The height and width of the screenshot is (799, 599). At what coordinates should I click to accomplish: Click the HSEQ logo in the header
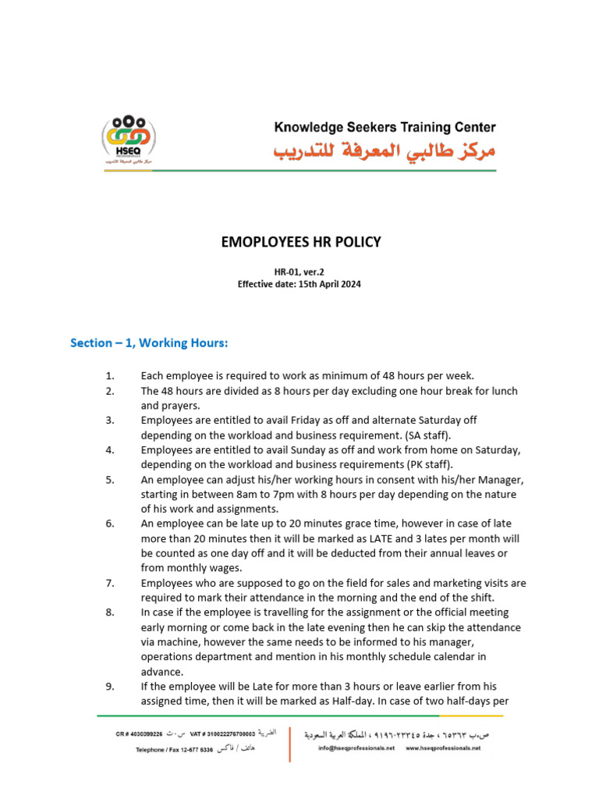tap(129, 140)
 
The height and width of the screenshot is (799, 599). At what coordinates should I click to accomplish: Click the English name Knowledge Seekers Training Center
tap(385, 127)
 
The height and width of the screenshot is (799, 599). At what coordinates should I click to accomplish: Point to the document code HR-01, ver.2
tap(299, 272)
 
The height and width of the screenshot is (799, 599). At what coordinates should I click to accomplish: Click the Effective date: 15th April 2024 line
tap(299, 284)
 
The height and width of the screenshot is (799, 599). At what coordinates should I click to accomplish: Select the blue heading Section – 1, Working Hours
tap(149, 343)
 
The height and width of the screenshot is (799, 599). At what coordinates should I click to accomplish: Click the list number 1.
tap(110, 376)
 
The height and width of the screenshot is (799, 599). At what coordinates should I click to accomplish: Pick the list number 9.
tap(110, 687)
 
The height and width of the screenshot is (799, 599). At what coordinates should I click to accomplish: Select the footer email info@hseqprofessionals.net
tap(356, 748)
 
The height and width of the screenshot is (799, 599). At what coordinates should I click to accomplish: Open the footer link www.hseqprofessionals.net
tap(443, 748)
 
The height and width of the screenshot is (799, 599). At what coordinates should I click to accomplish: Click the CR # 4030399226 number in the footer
tap(140, 734)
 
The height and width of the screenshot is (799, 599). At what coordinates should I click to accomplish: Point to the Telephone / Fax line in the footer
tap(175, 749)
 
